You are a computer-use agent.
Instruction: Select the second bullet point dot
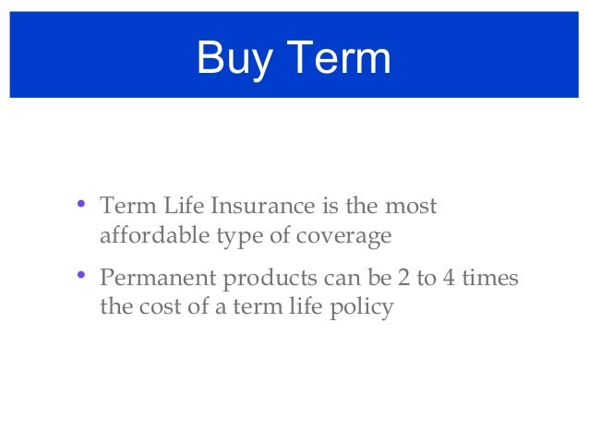point(82,274)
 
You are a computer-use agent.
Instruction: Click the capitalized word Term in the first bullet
point(124,205)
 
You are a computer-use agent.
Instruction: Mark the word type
point(238,237)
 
